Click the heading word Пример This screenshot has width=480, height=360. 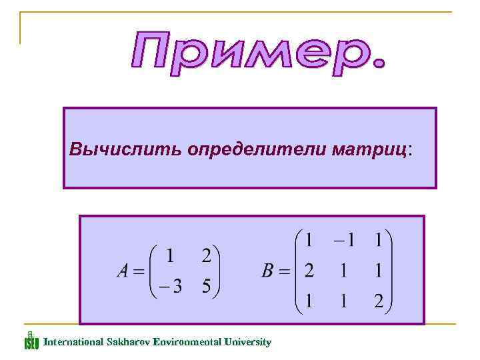(x=257, y=55)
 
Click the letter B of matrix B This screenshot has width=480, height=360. (x=267, y=271)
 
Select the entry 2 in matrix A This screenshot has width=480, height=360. (x=207, y=256)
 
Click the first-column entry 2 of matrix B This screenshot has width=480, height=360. (x=309, y=271)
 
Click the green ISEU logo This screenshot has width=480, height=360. (x=31, y=340)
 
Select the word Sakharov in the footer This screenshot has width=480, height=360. (x=127, y=342)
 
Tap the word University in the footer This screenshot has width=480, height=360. (x=247, y=342)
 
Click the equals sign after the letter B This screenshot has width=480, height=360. (x=285, y=272)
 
